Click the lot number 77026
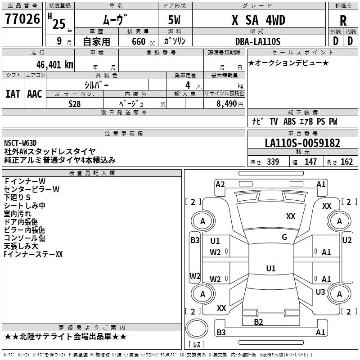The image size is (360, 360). [22, 19]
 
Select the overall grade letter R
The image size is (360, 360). [343, 20]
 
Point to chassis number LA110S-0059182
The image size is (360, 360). [302, 144]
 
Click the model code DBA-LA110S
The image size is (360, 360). [258, 41]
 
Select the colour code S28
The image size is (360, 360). [75, 103]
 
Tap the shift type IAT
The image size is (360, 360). [13, 94]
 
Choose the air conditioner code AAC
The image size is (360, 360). [35, 94]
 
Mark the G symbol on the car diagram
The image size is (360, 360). [284, 237]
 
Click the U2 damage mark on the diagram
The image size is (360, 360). [347, 240]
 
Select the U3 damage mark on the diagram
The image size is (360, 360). [320, 292]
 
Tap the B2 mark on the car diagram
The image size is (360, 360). [258, 322]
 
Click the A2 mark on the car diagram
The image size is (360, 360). [220, 184]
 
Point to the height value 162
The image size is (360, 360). [346, 162]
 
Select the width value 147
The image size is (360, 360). [310, 162]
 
